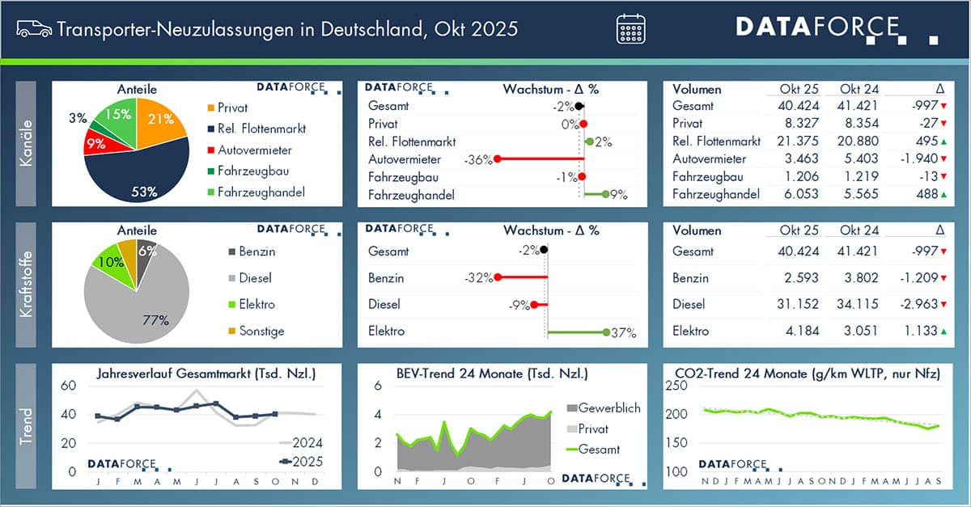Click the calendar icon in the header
point(632,28)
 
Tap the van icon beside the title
point(32,28)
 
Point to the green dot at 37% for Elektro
point(606,332)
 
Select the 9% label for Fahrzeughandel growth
point(618,195)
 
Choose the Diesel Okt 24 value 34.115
point(859,305)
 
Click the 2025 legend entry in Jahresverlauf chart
point(299,462)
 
